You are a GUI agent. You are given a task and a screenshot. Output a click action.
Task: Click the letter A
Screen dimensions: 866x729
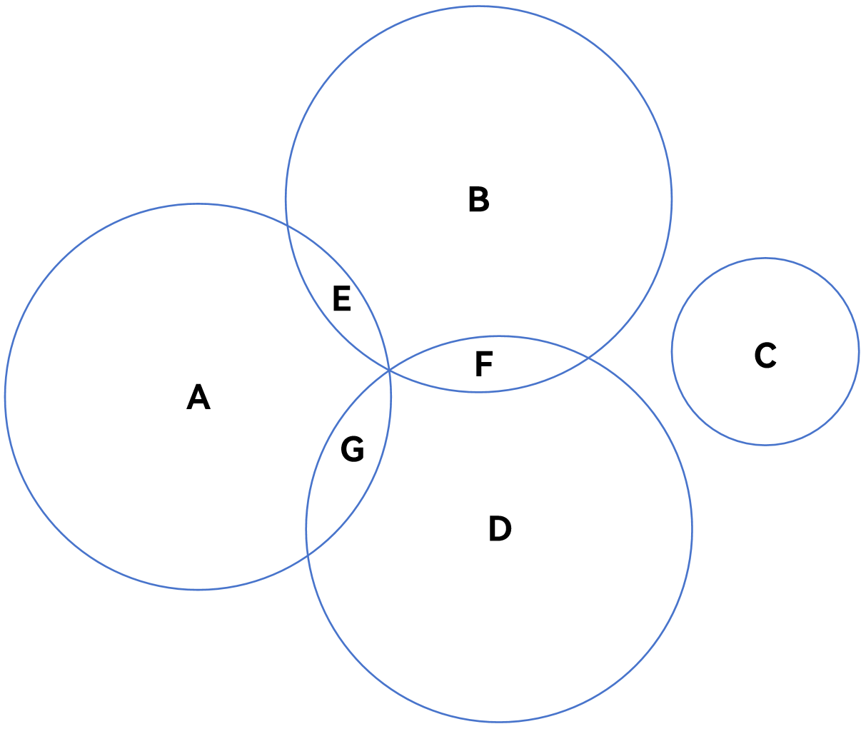(x=198, y=397)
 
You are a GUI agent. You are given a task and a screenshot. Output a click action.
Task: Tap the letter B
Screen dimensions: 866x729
(x=478, y=199)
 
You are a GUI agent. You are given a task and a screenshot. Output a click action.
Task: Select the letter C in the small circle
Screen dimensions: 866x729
(x=765, y=355)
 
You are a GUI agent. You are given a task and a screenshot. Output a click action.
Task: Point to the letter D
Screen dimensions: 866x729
(x=500, y=528)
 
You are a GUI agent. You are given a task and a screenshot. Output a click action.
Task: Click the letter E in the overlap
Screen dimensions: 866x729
(x=342, y=298)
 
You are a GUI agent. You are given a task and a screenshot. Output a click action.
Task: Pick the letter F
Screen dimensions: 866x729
(x=483, y=364)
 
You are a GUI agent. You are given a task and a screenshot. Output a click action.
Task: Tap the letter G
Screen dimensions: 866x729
(x=352, y=448)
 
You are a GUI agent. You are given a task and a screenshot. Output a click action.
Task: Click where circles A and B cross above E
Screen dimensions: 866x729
(x=288, y=226)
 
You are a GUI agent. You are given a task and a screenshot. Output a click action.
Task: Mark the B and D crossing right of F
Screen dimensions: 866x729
(x=588, y=357)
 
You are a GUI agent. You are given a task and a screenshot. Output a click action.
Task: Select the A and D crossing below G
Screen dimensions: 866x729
(x=307, y=555)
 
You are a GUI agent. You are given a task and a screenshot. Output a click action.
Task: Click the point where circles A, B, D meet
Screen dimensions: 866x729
(x=389, y=370)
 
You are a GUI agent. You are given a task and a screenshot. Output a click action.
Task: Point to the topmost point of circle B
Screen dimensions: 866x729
(x=478, y=6)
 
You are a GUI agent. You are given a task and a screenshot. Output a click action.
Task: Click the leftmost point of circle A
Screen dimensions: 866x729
(x=6, y=397)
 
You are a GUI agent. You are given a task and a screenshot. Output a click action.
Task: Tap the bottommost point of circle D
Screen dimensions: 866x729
(x=499, y=722)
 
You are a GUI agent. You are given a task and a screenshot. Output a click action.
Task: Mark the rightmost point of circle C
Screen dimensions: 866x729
(x=859, y=352)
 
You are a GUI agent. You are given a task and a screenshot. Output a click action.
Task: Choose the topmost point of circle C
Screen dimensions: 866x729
(x=765, y=258)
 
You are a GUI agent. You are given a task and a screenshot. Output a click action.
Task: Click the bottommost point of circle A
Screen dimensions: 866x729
(x=198, y=590)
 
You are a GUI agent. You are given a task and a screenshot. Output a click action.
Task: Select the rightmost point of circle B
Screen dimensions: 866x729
(x=672, y=199)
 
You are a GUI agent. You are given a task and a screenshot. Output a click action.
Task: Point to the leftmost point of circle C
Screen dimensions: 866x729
(x=672, y=352)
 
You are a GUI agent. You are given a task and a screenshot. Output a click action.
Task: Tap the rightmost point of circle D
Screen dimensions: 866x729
(x=692, y=529)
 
